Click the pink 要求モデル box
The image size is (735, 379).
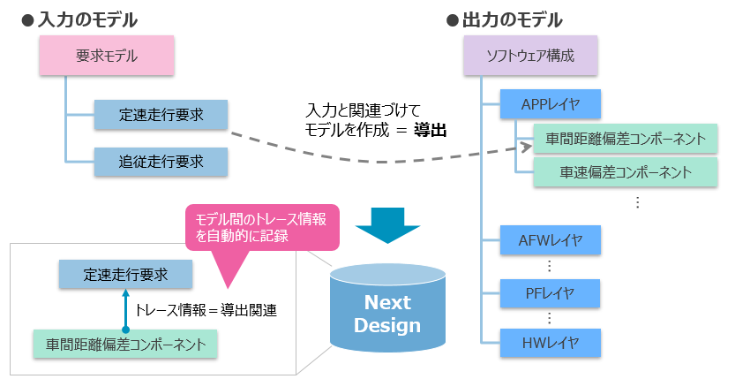(x=106, y=56)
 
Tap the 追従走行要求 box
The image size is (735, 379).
(x=161, y=161)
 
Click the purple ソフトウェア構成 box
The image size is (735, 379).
(x=530, y=56)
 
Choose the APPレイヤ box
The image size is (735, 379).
(x=550, y=104)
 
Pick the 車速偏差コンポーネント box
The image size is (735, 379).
(x=625, y=171)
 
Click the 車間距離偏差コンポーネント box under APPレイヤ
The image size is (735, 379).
(x=625, y=139)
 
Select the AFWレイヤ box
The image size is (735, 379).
(x=550, y=239)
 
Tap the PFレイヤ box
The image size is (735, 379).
(x=550, y=291)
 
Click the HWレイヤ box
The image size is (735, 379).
(x=550, y=341)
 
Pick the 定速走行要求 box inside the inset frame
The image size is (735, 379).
(x=125, y=274)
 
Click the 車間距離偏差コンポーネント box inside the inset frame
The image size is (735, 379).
(x=125, y=343)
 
